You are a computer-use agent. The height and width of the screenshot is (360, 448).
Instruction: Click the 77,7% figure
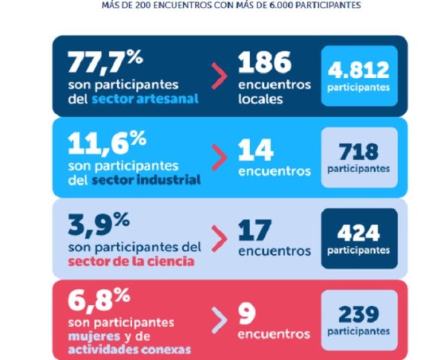[105, 62]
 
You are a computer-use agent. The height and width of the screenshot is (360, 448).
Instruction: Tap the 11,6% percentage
[107, 143]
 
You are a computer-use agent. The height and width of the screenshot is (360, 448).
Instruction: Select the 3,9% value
[99, 225]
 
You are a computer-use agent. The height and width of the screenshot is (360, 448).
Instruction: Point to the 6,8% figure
[99, 300]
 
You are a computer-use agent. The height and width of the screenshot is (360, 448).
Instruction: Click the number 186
[265, 62]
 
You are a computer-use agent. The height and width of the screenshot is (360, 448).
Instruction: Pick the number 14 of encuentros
[256, 150]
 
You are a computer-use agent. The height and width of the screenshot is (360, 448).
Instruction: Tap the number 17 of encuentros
[254, 230]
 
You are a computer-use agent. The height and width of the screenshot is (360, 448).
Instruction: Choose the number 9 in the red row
[247, 313]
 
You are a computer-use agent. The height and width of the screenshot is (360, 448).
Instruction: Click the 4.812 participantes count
[359, 70]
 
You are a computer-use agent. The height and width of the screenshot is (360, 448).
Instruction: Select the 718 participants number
[359, 151]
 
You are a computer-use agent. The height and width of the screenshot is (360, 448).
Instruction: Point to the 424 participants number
[359, 233]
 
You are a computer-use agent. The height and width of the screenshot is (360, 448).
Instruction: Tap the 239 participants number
[359, 314]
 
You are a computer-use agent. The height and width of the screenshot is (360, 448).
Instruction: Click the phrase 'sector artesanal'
[145, 99]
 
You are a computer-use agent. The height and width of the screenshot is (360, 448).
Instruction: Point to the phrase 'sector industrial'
[146, 180]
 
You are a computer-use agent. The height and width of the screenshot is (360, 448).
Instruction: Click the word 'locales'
[260, 99]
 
